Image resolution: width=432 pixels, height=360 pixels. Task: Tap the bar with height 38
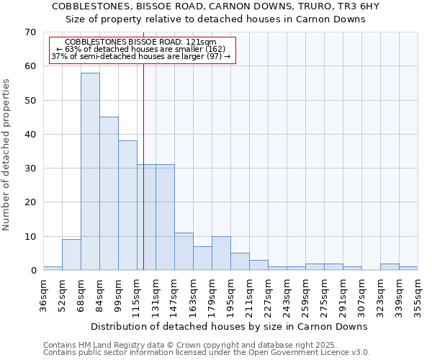coord(127,205)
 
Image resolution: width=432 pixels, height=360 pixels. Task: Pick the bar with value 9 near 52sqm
coord(71,255)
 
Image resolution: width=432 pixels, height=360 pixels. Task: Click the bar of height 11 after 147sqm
coord(184,251)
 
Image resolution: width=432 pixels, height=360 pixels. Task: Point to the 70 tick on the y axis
coord(30,32)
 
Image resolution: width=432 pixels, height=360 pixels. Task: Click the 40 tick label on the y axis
coord(30,135)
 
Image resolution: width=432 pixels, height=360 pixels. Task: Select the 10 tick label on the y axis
coord(30,237)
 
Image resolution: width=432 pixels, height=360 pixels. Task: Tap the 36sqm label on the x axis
coord(44,296)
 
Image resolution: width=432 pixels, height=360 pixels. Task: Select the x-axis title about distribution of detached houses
coord(230,326)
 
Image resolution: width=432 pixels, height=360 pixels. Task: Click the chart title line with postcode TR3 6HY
coord(215,6)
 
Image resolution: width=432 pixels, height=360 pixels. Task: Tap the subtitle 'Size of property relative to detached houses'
coord(215,19)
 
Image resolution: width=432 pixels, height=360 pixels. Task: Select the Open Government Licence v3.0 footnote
coord(207,352)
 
